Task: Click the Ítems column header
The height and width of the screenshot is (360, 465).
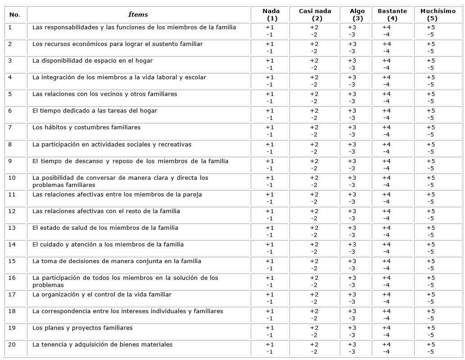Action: pos(138,14)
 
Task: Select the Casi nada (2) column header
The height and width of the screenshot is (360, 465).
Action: pos(315,14)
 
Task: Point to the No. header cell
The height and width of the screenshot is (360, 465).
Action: pos(14,14)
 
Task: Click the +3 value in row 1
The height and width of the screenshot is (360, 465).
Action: pos(352,27)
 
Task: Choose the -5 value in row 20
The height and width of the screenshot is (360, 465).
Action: pos(431,352)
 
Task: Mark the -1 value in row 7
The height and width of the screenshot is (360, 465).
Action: pos(269,135)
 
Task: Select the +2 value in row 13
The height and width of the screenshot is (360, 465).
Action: pos(314,228)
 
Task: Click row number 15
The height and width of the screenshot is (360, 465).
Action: pos(12,261)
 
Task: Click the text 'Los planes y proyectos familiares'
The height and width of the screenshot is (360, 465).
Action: pos(82,328)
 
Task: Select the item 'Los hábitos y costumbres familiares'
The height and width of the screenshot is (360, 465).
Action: pos(86,128)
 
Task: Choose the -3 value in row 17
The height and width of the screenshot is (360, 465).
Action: pos(352,302)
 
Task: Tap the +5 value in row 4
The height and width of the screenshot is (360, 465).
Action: pos(431,77)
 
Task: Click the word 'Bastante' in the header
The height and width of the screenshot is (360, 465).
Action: pos(392,11)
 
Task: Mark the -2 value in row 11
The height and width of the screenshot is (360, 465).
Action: pos(314,202)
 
